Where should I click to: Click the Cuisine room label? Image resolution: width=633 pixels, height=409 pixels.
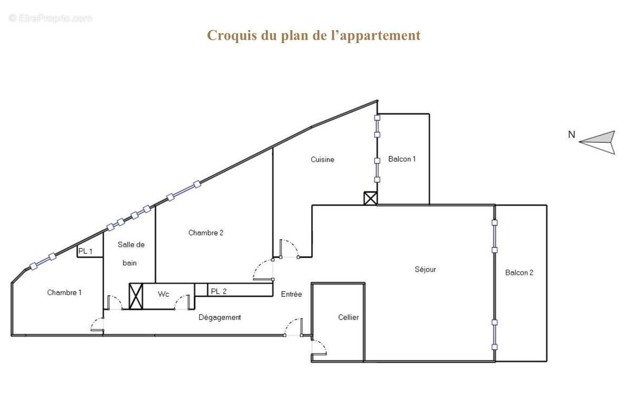click(x=322, y=159)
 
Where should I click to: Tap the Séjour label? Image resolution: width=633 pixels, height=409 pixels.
click(x=425, y=269)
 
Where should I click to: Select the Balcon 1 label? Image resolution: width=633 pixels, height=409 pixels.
click(x=402, y=159)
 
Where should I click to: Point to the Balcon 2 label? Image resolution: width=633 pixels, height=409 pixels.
click(x=519, y=272)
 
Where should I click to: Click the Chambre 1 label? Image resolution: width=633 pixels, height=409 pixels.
click(x=64, y=293)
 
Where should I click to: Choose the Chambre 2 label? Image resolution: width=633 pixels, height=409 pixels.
click(x=206, y=232)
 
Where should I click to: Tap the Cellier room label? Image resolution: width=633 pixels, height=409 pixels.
click(x=348, y=317)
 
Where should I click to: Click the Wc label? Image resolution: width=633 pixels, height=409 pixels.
click(x=164, y=294)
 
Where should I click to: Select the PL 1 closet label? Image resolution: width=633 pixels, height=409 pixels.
click(x=85, y=251)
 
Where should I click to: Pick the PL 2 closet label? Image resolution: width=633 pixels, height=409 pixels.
click(x=218, y=291)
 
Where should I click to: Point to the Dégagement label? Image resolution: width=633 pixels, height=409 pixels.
click(x=220, y=317)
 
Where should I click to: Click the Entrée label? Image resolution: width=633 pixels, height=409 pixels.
click(x=291, y=294)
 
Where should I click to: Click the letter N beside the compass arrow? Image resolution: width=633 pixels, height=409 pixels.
click(x=571, y=134)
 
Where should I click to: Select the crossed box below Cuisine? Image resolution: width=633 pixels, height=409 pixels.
click(x=370, y=198)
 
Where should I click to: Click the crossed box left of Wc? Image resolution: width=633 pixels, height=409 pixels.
click(x=136, y=296)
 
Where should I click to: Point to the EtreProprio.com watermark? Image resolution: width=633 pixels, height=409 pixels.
click(x=51, y=18)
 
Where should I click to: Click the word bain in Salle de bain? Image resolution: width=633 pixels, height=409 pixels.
click(x=130, y=262)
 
